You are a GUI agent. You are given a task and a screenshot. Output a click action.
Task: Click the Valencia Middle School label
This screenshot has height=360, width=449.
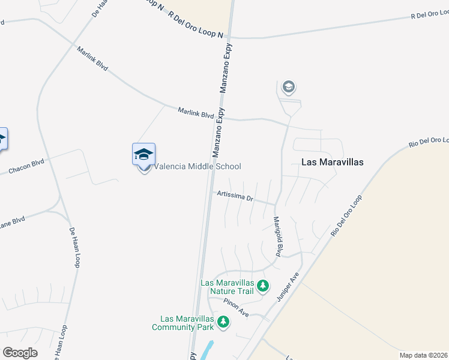198,166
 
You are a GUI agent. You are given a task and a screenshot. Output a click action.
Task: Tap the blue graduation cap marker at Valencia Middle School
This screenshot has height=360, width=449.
143,155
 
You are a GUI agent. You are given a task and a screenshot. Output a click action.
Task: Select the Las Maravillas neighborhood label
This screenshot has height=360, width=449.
332,162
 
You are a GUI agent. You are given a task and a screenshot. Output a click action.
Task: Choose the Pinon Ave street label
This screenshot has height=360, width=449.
235,308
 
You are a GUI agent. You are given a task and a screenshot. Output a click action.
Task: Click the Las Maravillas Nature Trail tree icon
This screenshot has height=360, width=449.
262,287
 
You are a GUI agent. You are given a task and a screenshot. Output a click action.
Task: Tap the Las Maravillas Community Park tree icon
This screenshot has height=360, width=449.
223,323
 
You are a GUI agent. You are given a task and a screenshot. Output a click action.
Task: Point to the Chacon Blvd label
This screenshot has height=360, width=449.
27,167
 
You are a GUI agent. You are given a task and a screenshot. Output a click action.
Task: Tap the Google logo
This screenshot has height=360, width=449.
20,353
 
